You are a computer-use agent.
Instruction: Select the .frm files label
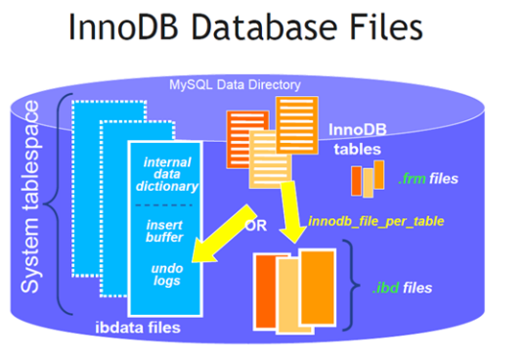(x=426, y=179)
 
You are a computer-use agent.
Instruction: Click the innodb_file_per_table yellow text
(x=375, y=222)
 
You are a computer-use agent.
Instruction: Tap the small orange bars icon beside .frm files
(x=368, y=179)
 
